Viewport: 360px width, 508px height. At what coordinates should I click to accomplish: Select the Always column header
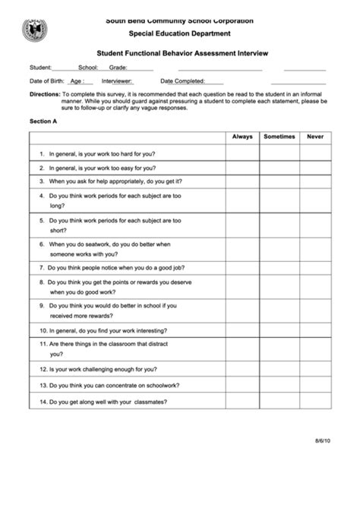point(242,137)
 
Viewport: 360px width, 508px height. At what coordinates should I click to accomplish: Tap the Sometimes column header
point(279,137)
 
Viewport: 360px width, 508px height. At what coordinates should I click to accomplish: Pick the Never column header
point(315,137)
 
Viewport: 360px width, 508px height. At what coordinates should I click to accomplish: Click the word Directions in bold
point(44,94)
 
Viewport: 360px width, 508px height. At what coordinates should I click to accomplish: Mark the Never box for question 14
point(315,402)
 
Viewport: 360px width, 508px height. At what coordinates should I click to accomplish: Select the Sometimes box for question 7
point(279,268)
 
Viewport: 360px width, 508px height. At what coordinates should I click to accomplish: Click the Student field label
point(40,67)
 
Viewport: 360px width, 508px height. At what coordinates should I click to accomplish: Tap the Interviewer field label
point(117,80)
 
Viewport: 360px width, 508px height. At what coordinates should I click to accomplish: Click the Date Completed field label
point(181,80)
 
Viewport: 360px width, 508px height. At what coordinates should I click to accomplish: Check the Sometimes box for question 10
point(279,331)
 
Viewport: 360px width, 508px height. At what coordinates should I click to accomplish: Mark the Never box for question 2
point(315,167)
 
